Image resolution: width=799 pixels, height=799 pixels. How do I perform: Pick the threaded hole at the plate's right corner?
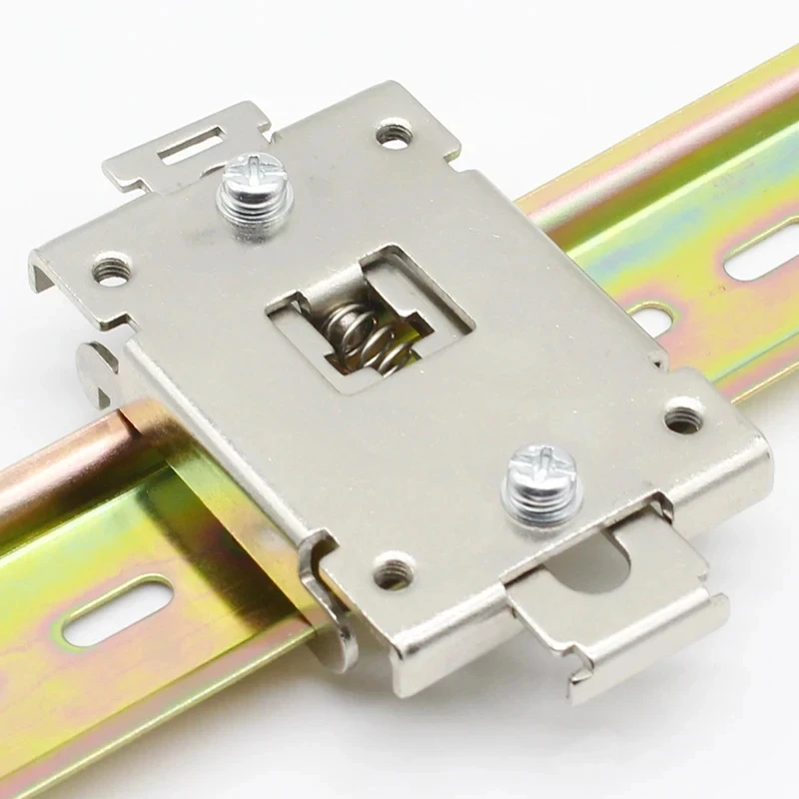683,414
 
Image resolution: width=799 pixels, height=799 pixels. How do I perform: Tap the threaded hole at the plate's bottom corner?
394,572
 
